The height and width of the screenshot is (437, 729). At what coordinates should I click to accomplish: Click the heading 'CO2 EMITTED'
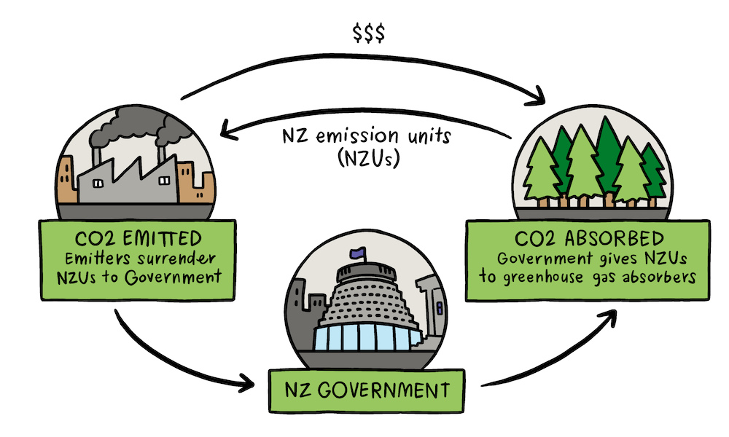tap(136, 239)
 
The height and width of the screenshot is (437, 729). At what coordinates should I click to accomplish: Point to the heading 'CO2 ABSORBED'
tap(591, 239)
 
